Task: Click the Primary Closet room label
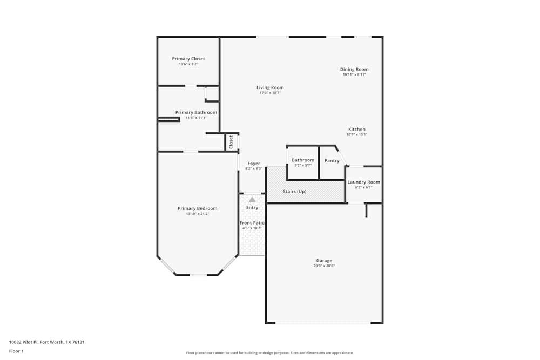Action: tap(188, 59)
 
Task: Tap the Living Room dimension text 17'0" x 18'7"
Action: tap(270, 93)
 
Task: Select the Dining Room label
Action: tap(354, 69)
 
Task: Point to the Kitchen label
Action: tap(357, 129)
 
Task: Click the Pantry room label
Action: tap(332, 160)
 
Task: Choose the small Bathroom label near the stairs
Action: tap(303, 160)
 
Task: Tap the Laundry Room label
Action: tap(363, 182)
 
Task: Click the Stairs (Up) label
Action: tap(295, 192)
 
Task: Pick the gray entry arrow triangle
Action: tap(252, 200)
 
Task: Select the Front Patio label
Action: tap(252, 222)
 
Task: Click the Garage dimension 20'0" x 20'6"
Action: tap(324, 266)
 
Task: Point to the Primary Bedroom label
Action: tap(198, 208)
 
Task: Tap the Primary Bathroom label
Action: tap(196, 112)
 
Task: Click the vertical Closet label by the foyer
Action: tap(231, 142)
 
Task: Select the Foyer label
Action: tap(254, 164)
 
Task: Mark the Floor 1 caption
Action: tap(16, 351)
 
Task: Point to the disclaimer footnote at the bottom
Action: tap(270, 353)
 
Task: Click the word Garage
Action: tap(324, 261)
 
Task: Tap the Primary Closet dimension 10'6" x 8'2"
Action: tap(188, 64)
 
